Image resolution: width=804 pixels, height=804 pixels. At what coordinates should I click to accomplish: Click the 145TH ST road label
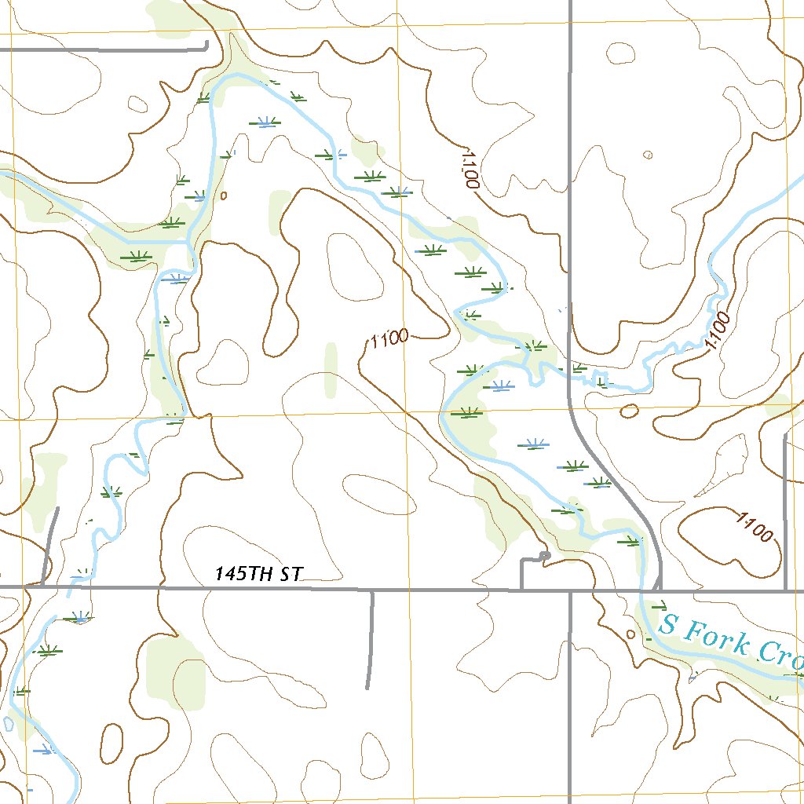pos(258,575)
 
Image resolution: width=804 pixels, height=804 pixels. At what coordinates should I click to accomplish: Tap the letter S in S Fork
pos(668,625)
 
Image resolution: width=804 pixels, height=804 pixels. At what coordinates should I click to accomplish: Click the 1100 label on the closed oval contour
pos(755,526)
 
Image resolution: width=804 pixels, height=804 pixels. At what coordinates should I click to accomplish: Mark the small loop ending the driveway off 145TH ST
pos(545,557)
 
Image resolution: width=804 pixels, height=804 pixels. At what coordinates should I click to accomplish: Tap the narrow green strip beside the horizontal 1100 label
pos(331,367)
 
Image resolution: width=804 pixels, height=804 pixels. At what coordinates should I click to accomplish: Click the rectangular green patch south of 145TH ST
pos(174,674)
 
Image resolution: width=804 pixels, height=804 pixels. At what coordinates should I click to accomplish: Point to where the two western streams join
pos(188,242)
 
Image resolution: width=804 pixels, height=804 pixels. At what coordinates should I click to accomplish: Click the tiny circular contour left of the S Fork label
pos(630,634)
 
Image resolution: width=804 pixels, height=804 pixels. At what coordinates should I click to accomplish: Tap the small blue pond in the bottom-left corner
pos(8,723)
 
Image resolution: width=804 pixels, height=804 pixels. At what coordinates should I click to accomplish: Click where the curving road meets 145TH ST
pos(658,587)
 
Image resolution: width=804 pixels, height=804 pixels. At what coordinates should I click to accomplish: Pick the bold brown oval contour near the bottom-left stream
pos(111,741)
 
